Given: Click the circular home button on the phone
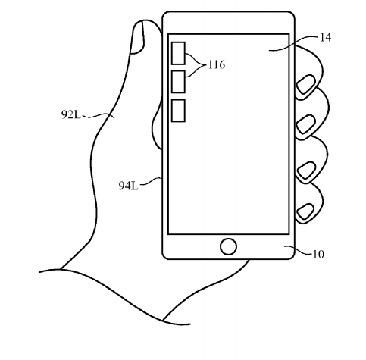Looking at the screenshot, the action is coord(228,246).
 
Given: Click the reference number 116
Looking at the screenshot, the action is coord(217,64).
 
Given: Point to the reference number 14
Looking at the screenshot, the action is coord(325,38).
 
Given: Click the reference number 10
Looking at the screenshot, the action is coord(318,254).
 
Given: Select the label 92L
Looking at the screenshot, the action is coord(71,115).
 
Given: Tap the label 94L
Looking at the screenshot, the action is coord(128,186).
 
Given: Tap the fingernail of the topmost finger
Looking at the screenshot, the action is coord(306,84).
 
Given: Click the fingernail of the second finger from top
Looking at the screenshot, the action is coord(305,124).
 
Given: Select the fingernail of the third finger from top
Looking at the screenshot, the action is coord(306,171).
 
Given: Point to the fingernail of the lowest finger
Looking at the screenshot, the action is coord(305,211).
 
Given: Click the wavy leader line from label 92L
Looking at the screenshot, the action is coord(98,116).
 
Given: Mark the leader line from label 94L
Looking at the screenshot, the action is coord(151,181).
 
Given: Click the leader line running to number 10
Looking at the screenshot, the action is coord(299,250).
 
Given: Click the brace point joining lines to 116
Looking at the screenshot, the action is coord(205,65).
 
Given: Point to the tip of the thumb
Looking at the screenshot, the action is coord(144,20).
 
